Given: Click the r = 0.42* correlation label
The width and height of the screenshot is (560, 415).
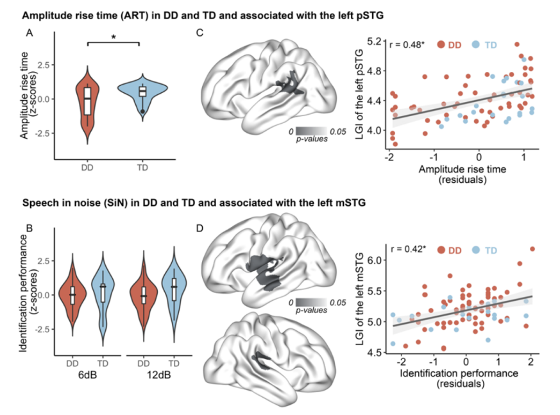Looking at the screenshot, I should (407, 250).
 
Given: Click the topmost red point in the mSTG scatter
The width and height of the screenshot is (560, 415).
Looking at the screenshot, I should (531, 249).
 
